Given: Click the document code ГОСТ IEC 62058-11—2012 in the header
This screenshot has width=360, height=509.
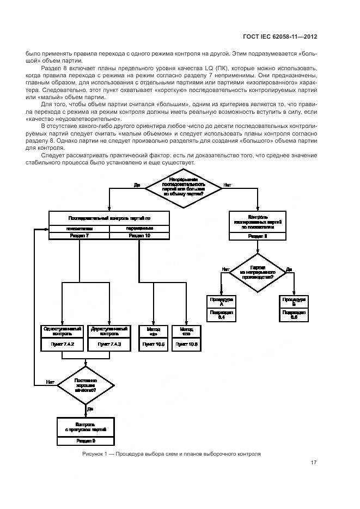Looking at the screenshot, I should pos(280,36).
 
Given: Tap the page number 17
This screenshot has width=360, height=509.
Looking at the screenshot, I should pos(314,463).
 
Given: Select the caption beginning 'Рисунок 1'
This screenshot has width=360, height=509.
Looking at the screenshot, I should pos(172,453).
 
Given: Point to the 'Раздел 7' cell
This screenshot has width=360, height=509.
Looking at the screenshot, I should pos(80,236).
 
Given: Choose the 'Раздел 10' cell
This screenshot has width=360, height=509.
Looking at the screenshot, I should pos(139,236).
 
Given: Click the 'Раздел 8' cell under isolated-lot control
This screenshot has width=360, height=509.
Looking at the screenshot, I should pos(258,236).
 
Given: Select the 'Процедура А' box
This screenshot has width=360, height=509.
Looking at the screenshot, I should pos(221,302).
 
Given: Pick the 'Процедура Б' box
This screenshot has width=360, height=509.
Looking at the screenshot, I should pos(294,302).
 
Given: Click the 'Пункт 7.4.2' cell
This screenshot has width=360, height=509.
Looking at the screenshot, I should pos(62,345).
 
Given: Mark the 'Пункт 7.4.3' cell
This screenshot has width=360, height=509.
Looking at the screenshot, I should pos(109,345).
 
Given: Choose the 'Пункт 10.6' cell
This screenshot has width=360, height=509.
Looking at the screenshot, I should pos(186,345).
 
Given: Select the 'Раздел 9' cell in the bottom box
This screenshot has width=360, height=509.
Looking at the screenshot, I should pos(86,440).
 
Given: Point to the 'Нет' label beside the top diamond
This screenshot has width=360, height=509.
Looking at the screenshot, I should pos(227,185).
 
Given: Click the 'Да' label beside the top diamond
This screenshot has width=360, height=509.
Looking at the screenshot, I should pos(137,185).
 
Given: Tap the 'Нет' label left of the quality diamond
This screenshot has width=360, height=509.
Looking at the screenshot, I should pos(50,382).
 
